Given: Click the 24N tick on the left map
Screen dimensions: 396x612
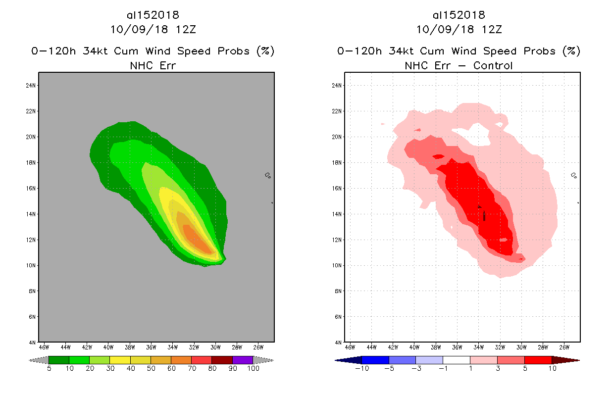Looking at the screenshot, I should tap(32, 85).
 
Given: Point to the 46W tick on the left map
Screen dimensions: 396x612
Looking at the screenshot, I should tap(44, 347).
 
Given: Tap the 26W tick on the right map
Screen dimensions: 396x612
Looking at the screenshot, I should tap(564, 347).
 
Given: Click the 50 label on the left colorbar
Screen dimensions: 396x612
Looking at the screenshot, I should tap(151, 368).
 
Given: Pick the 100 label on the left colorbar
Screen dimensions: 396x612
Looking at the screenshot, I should tap(253, 368).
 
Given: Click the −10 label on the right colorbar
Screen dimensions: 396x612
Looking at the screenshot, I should tap(362, 368).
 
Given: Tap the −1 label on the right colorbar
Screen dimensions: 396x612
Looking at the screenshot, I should tap(443, 368).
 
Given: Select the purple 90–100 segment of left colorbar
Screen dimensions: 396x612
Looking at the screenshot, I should tap(243, 360).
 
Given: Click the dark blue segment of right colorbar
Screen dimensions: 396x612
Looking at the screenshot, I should tap(375, 360).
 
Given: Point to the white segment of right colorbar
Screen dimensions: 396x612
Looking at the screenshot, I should tap(456, 360).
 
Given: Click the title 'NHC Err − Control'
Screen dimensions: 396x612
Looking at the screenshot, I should tap(459, 65).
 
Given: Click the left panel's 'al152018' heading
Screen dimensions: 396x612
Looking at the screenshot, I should tap(153, 15).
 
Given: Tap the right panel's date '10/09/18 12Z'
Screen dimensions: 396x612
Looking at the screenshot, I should tap(459, 29).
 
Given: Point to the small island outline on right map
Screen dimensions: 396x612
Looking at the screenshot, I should tap(573, 175).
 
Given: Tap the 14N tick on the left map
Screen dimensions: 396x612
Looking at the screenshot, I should tap(32, 214).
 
